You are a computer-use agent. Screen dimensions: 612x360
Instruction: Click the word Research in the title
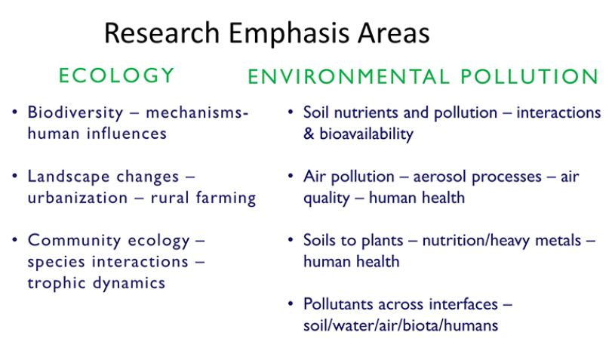(x=162, y=32)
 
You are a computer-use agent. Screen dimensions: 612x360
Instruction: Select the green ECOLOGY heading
(x=116, y=75)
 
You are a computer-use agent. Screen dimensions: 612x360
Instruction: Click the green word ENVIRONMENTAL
(x=349, y=76)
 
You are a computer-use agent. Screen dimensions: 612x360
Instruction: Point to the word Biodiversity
(x=75, y=113)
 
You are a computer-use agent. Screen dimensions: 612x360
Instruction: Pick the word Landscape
(x=103, y=177)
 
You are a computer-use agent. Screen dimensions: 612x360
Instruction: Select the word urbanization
(x=78, y=198)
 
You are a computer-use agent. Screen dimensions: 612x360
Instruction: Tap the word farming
(x=226, y=198)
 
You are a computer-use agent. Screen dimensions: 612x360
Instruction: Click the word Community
(x=74, y=240)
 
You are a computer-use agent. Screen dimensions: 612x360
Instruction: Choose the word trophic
(x=56, y=283)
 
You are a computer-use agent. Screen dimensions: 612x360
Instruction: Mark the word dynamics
(x=129, y=283)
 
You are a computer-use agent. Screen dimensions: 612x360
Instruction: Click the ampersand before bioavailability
(x=309, y=134)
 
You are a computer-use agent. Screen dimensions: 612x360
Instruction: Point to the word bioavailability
(x=366, y=134)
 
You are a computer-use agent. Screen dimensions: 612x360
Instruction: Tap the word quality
(x=326, y=198)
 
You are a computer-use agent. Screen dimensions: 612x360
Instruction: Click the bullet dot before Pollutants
(x=291, y=303)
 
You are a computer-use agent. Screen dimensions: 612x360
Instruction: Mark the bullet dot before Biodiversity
(x=15, y=112)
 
